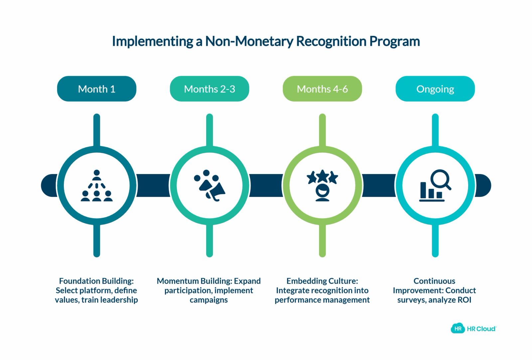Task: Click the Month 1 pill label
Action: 97,89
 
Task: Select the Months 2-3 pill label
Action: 209,89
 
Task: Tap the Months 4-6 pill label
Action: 322,89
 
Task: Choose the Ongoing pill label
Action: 435,89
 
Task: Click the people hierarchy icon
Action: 97,186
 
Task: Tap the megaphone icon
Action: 209,186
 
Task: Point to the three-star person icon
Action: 322,186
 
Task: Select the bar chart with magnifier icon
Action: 435,186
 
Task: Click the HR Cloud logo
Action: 473,328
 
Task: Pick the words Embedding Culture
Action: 322,281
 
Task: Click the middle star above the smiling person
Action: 322,175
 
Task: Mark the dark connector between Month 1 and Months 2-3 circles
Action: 153,186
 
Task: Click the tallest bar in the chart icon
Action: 423,190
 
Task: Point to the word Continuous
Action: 434,281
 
